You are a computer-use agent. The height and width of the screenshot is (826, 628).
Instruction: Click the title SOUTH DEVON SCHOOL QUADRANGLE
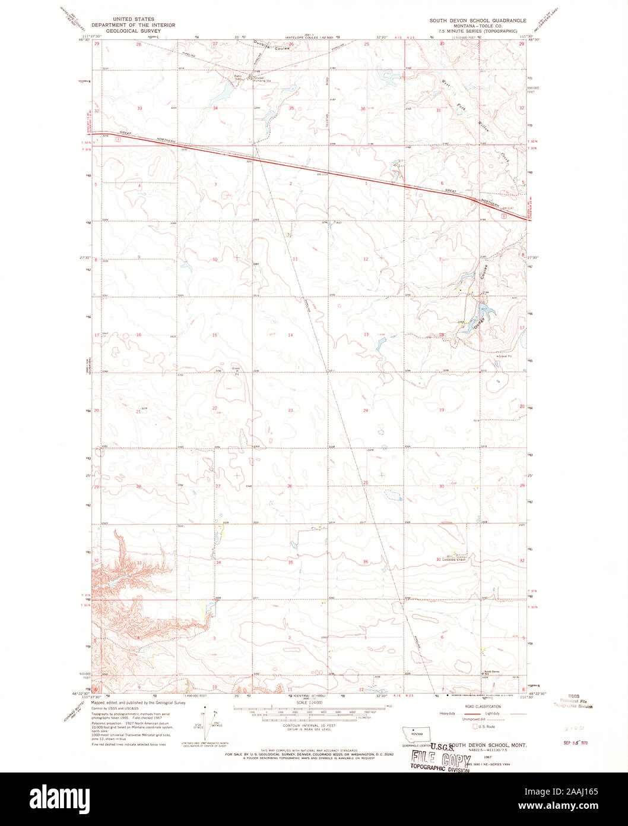click(478, 20)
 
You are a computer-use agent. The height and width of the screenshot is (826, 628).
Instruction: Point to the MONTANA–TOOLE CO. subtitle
click(478, 25)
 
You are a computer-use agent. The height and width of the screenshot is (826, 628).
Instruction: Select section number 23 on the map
click(290, 411)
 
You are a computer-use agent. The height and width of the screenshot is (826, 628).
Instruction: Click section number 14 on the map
click(290, 335)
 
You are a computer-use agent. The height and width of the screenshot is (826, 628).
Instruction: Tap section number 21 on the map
click(138, 411)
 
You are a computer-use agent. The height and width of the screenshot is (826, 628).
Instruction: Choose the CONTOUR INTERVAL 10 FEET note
click(309, 726)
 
